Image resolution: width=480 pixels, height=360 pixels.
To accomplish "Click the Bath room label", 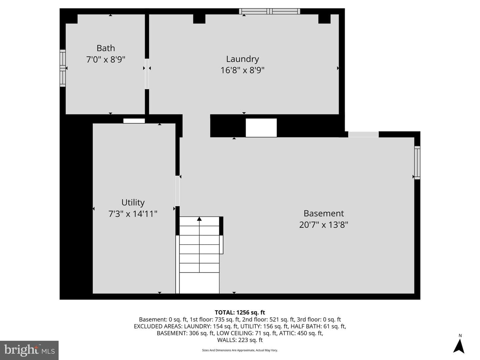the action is pyautogui.click(x=106, y=48).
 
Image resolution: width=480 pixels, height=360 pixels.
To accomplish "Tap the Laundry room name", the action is pyautogui.click(x=242, y=59).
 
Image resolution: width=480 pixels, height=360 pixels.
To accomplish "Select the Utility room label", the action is pyautogui.click(x=133, y=202).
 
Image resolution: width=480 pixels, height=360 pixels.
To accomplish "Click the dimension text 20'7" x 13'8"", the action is pyautogui.click(x=323, y=225).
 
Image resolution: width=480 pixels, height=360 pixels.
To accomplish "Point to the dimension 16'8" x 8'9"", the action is pyautogui.click(x=242, y=70).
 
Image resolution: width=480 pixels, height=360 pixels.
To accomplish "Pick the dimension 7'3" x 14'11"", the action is pyautogui.click(x=133, y=214).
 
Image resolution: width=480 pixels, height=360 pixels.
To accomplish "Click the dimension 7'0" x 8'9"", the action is pyautogui.click(x=106, y=59).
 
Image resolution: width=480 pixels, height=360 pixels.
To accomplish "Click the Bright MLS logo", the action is pyautogui.click(x=29, y=350).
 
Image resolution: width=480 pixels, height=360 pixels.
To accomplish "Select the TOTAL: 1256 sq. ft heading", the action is pyautogui.click(x=240, y=312).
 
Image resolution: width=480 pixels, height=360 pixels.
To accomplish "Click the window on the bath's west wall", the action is pyautogui.click(x=63, y=68).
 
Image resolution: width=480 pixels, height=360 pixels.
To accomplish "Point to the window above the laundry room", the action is pyautogui.click(x=269, y=11).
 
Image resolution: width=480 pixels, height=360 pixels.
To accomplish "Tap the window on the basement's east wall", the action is pyautogui.click(x=417, y=163).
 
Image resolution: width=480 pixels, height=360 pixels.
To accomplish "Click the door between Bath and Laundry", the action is pyautogui.click(x=147, y=74).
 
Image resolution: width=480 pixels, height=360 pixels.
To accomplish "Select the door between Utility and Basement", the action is pyautogui.click(x=178, y=191).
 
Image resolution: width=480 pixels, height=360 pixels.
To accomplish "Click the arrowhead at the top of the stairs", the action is pyautogui.click(x=199, y=219).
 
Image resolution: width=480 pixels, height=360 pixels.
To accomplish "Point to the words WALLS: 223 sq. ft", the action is pyautogui.click(x=240, y=340).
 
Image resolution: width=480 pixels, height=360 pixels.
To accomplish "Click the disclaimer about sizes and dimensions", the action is pyautogui.click(x=240, y=350).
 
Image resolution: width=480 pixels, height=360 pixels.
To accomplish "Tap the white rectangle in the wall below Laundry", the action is pyautogui.click(x=261, y=128).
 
